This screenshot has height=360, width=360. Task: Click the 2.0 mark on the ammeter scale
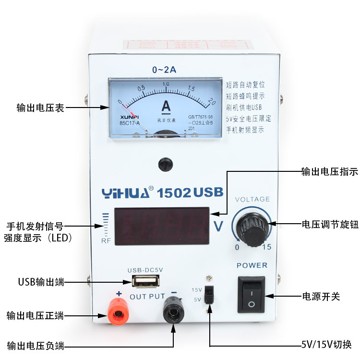pos(212,101)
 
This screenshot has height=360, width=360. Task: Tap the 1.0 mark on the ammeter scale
pos(166,84)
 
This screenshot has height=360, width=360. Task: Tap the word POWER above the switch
pos(252,265)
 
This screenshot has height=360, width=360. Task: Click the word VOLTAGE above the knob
pos(252,199)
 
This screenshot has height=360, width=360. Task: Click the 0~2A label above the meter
pos(164,70)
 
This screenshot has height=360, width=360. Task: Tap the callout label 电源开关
pos(321,297)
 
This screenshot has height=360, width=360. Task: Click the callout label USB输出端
pos(41,282)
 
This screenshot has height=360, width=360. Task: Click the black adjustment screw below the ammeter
pos(166,164)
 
